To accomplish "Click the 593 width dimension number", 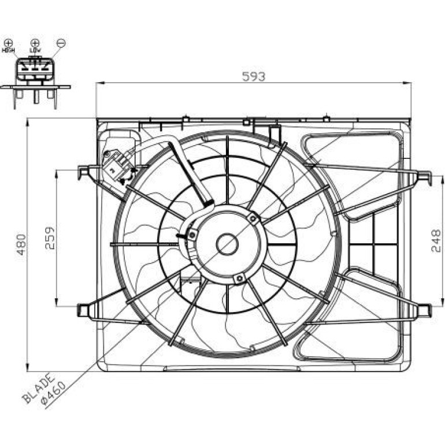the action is (254, 77).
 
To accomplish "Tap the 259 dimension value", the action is (50, 238).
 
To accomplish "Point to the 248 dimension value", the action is (436, 240).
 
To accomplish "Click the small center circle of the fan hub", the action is (227, 244).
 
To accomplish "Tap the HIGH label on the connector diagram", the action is (8, 50).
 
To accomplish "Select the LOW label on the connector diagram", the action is (35, 50).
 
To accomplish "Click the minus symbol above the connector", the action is (61, 43).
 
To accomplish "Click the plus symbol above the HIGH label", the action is (9, 43).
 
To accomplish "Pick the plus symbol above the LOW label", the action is (35, 43).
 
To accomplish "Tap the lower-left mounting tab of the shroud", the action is (83, 310).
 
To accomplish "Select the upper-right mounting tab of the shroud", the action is (424, 177).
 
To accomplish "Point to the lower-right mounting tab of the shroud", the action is (424, 310).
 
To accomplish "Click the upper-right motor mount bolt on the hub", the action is (253, 218).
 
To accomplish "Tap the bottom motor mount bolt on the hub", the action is (239, 278).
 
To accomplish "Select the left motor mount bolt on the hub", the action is (192, 235).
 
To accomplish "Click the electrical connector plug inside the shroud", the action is (118, 166).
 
